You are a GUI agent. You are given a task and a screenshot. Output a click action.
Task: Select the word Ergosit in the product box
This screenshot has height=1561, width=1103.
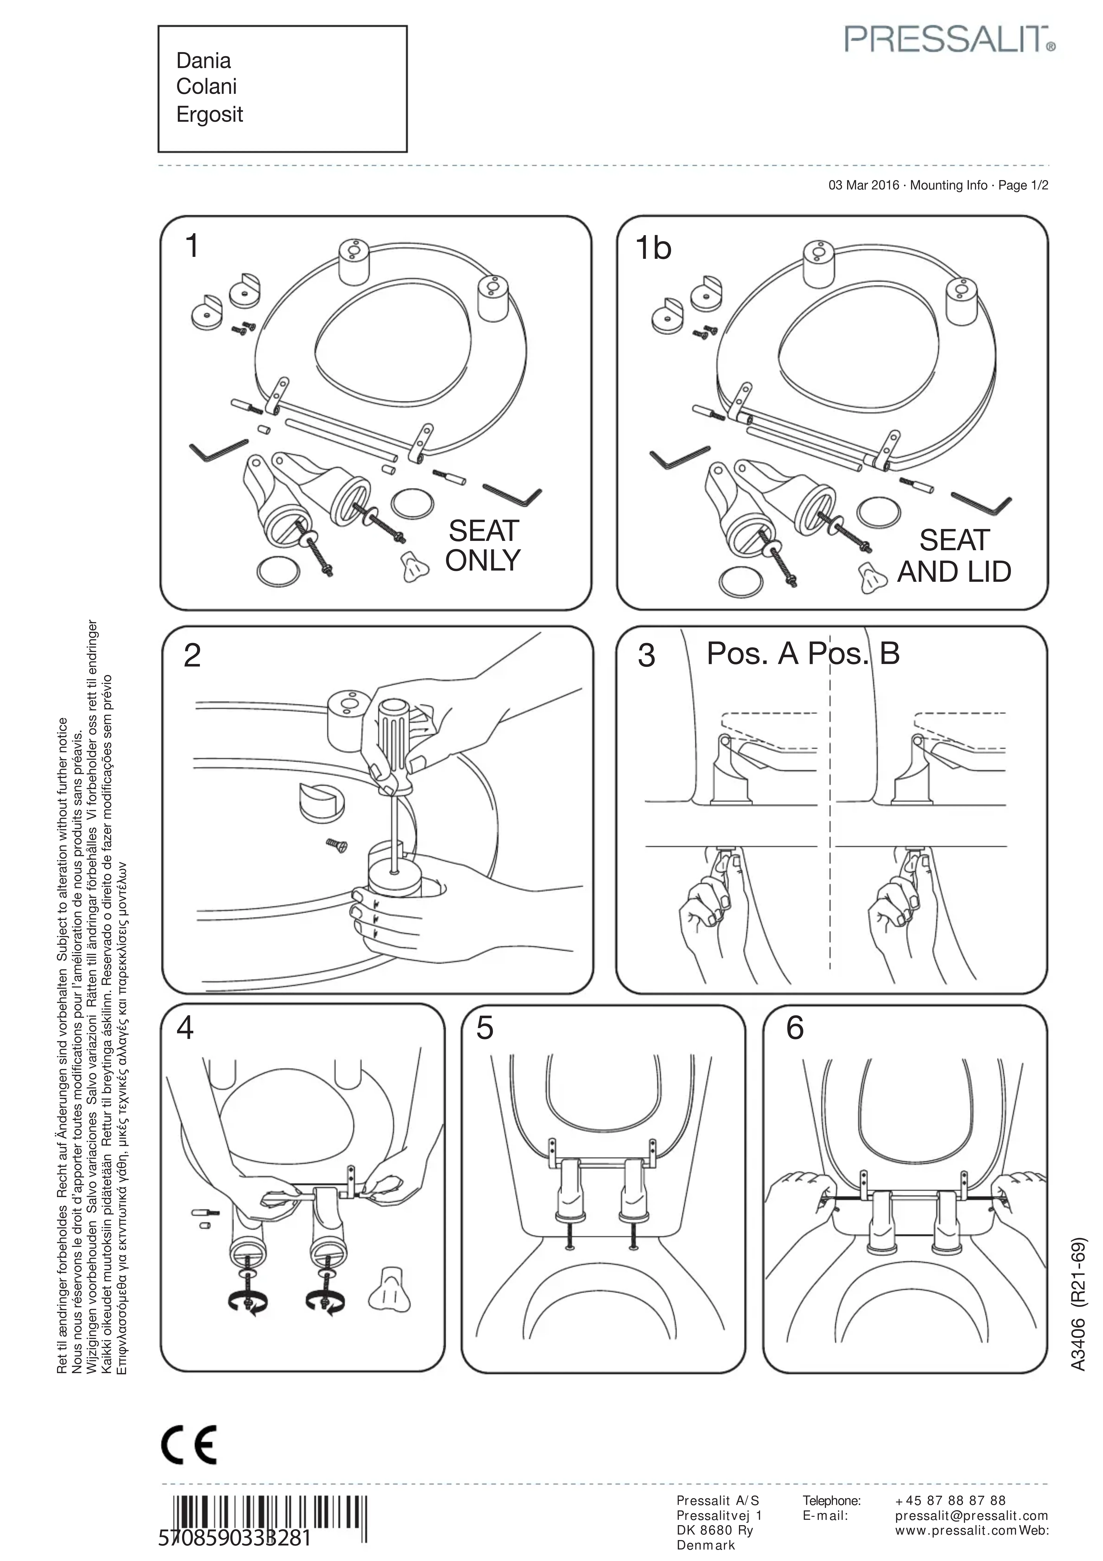click(209, 114)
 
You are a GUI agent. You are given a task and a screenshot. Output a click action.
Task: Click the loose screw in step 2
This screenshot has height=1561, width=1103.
click(337, 844)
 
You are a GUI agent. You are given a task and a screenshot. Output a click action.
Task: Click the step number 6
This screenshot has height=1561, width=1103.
click(794, 1027)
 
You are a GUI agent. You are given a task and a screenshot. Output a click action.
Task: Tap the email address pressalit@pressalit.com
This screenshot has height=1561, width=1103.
click(971, 1515)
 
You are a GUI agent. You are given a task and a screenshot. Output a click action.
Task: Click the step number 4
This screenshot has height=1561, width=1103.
click(185, 1027)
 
